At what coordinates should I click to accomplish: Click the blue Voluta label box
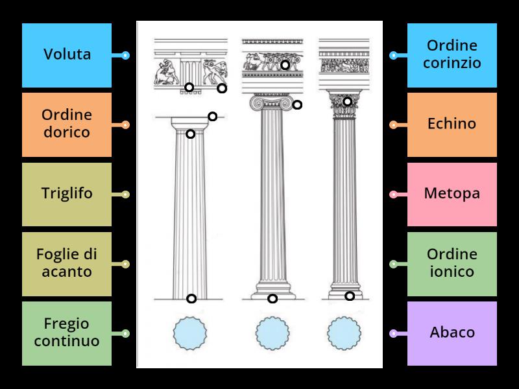(67, 55)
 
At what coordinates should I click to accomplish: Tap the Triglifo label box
(67, 194)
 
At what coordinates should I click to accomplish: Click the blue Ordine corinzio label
(452, 55)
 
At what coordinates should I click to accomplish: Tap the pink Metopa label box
(452, 194)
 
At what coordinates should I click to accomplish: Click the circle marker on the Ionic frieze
(285, 65)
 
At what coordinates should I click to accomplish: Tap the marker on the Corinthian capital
(347, 101)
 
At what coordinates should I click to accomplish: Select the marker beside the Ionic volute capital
(297, 104)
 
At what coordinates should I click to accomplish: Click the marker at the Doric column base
(191, 298)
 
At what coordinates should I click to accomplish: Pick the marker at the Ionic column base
(272, 298)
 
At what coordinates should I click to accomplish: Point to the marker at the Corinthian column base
(349, 296)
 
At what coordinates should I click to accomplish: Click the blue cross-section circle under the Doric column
(190, 333)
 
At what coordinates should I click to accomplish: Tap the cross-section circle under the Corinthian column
(344, 333)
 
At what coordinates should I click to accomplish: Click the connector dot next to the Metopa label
(393, 194)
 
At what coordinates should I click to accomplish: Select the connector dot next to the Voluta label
(126, 56)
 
